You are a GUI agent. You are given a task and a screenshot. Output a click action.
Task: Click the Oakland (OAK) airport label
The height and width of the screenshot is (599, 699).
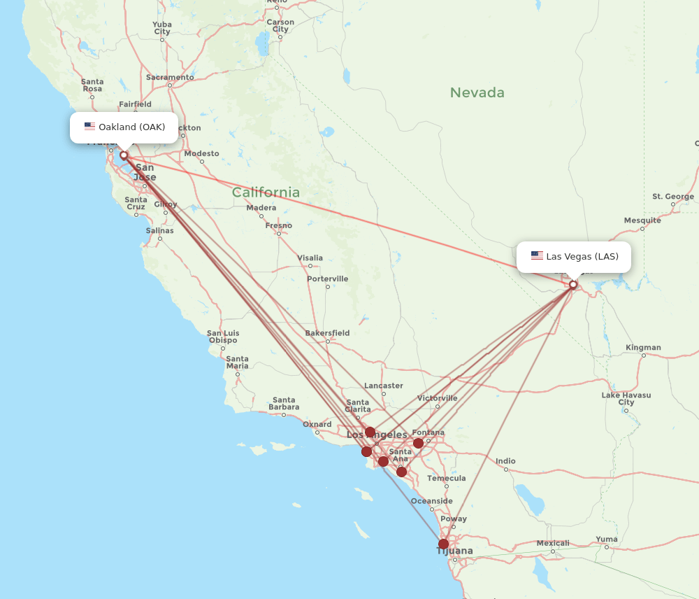click(124, 127)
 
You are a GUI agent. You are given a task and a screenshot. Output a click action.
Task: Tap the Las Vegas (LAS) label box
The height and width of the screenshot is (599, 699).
click(573, 256)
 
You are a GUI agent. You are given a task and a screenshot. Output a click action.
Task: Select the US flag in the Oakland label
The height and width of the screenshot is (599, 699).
click(89, 127)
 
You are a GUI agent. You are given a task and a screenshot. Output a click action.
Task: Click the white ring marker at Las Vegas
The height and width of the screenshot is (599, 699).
click(573, 285)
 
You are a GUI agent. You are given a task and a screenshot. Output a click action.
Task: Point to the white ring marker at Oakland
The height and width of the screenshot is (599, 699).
click(124, 155)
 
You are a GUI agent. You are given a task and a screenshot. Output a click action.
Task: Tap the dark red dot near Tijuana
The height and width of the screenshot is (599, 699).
click(443, 544)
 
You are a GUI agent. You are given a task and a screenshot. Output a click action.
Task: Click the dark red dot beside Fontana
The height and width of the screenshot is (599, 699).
click(418, 443)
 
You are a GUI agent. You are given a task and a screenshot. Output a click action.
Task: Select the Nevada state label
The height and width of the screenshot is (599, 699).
click(477, 92)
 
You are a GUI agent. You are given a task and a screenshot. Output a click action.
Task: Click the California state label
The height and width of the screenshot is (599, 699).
click(266, 192)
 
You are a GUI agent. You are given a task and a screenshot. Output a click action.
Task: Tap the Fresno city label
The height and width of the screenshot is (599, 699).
click(279, 225)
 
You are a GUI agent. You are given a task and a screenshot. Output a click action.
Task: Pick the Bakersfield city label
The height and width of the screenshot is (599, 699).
click(327, 333)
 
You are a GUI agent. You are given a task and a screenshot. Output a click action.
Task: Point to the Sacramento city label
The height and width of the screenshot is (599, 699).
click(170, 77)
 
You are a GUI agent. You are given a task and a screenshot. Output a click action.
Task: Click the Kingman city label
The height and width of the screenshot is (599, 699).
click(643, 348)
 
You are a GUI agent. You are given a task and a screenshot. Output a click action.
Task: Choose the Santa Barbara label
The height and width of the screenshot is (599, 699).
click(284, 404)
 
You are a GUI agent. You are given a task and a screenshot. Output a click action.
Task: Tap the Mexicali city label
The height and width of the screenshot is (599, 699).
click(553, 543)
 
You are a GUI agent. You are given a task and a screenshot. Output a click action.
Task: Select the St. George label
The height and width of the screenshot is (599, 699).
click(673, 197)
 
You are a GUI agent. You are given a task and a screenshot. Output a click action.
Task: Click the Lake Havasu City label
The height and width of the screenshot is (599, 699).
click(626, 399)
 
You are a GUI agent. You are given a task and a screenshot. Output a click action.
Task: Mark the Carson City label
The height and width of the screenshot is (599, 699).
click(280, 26)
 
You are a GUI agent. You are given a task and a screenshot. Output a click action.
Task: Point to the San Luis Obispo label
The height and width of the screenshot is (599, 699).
click(224, 337)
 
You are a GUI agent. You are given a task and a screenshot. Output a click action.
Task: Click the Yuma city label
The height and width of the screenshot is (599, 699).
click(607, 539)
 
